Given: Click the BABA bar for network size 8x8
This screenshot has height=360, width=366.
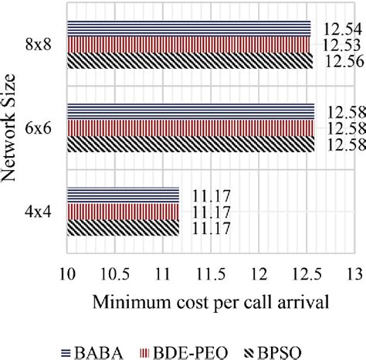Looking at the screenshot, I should (189, 28).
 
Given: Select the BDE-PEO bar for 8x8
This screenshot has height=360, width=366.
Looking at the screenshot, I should (189, 43).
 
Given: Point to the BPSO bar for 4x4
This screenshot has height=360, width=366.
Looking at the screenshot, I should (124, 227).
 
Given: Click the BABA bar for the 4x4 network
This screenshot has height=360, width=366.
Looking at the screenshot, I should (124, 194).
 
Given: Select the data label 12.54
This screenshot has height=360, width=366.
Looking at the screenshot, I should (341, 29).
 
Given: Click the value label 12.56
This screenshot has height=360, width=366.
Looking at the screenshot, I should (341, 62).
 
